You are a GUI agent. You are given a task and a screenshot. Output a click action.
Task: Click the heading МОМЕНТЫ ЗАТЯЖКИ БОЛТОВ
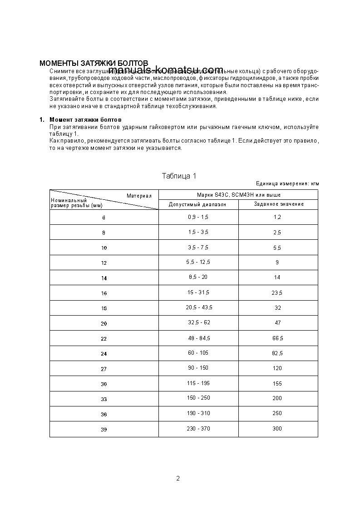[x=94, y=63]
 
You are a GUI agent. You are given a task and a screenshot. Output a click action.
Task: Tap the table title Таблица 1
[x=179, y=176]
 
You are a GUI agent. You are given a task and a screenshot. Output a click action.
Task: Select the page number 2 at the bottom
[x=178, y=478]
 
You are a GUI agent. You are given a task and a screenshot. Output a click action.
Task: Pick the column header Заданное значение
[x=278, y=204]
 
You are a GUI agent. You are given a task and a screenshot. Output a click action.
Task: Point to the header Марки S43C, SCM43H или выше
[x=238, y=195]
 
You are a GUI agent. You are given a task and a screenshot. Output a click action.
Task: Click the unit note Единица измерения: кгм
[x=287, y=184]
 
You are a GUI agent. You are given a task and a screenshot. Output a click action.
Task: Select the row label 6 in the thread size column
[x=104, y=218]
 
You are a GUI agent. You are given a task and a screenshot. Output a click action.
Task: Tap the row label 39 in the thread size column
[x=104, y=429]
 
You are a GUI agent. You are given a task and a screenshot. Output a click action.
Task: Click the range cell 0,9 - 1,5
[x=198, y=217]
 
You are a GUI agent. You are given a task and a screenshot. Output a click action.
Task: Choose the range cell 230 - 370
[x=198, y=428]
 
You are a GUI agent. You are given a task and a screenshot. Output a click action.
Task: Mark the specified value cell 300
[x=277, y=428]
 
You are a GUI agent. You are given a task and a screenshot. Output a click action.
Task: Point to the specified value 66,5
[x=277, y=338]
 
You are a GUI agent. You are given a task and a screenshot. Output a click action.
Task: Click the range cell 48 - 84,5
[x=198, y=338]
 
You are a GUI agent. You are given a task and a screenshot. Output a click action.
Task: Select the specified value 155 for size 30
[x=277, y=383]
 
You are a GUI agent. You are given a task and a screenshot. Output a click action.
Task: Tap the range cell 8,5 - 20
[x=198, y=277]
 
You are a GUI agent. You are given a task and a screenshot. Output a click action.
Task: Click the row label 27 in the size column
[x=104, y=369]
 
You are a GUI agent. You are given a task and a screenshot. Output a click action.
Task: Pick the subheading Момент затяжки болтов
[x=85, y=119]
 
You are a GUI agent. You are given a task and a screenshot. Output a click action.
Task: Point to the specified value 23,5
[x=277, y=293]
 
